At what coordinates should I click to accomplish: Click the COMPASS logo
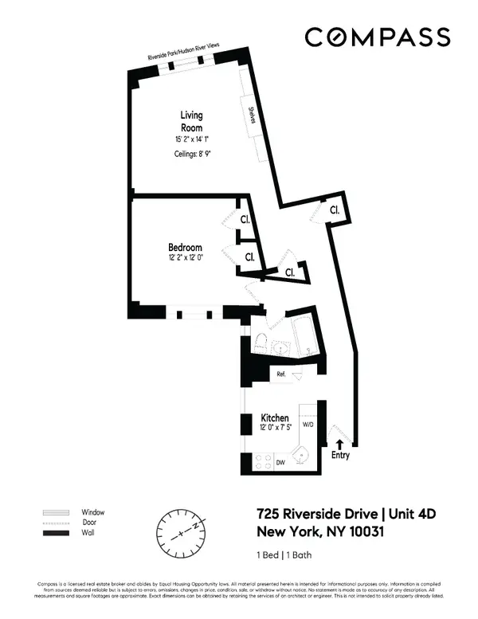378,37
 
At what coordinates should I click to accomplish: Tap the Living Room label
190,121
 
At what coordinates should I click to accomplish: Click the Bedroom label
185,247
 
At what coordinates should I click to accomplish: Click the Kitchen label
274,417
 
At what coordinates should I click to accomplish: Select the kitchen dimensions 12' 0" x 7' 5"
274,429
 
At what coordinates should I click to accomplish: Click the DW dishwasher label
280,461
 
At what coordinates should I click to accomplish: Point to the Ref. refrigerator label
281,374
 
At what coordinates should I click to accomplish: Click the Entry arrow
341,445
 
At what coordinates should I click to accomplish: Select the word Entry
341,456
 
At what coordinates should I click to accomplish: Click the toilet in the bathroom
260,343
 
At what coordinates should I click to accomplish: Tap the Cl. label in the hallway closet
335,210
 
